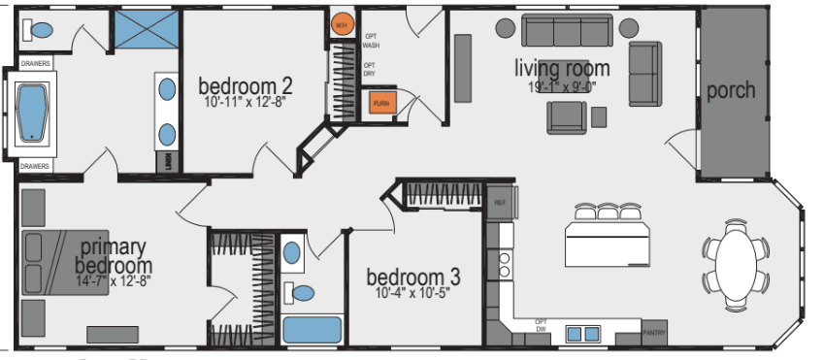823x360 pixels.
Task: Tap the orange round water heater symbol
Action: [342, 25]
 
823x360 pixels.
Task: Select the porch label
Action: [731, 90]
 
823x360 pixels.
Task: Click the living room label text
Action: [563, 68]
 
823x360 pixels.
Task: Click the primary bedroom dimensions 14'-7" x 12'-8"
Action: [115, 282]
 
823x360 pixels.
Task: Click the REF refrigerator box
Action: [501, 203]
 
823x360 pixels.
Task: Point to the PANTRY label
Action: [654, 334]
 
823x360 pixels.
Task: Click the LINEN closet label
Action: [168, 160]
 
